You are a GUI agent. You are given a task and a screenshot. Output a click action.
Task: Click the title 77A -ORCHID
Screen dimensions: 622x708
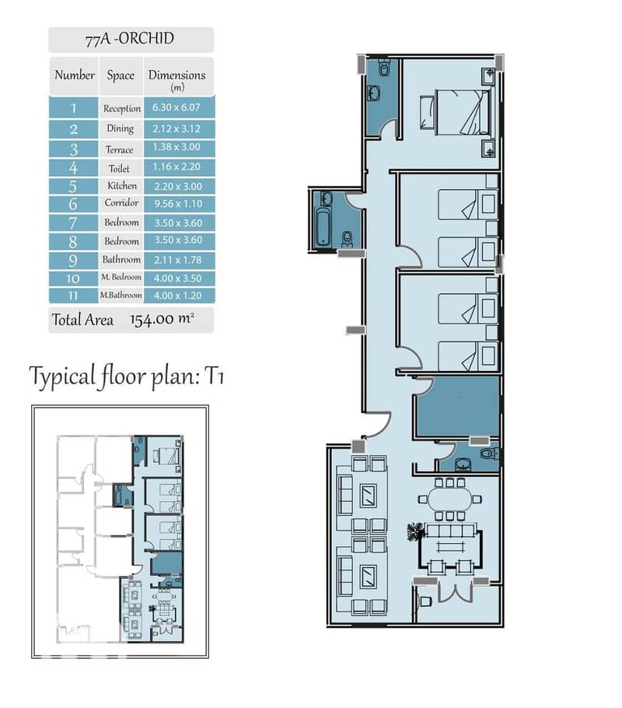point(130,38)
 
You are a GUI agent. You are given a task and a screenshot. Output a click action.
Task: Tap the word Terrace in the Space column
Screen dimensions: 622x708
point(120,149)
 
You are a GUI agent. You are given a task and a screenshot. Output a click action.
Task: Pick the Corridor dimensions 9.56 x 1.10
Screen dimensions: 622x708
point(178,204)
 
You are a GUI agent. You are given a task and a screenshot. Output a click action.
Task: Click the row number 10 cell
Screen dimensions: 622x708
point(73,279)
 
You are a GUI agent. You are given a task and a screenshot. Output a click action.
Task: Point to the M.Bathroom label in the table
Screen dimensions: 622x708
point(121,296)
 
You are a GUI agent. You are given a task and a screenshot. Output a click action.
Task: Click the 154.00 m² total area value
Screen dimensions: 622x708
point(162,319)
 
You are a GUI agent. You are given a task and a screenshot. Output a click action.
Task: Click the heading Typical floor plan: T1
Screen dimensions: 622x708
point(127,376)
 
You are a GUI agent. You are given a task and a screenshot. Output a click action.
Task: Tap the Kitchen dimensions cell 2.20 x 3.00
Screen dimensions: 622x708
point(178,186)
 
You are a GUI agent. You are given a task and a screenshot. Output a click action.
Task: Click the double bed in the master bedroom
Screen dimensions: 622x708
point(463,112)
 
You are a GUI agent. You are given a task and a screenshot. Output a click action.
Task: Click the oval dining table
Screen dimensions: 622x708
point(449,499)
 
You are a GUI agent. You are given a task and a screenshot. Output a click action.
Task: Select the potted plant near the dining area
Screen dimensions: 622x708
point(415,532)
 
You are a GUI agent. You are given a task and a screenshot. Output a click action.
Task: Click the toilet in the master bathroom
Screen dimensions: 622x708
point(384,68)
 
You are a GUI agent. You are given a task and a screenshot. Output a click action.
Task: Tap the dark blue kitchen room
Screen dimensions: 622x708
point(458,406)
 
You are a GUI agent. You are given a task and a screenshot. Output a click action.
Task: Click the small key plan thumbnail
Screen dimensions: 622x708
point(120,531)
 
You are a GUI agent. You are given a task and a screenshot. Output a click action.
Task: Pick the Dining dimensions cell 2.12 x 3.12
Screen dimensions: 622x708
point(176,128)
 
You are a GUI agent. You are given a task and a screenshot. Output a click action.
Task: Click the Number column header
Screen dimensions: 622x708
point(75,75)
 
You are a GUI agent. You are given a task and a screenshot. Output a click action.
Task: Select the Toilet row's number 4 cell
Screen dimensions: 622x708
point(73,168)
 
